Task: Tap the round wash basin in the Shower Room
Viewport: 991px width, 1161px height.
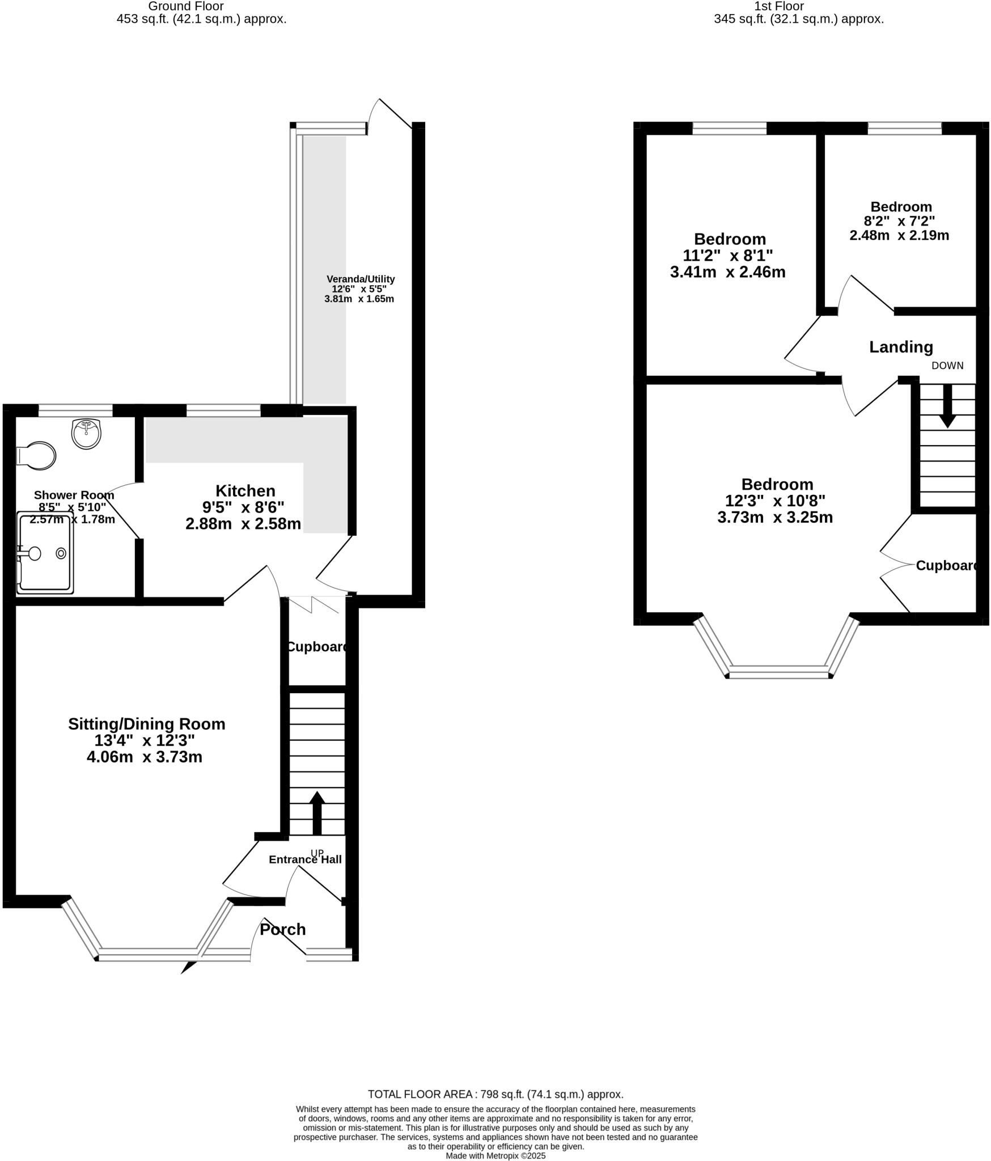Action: (86, 434)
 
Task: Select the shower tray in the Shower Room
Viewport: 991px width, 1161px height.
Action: (45, 553)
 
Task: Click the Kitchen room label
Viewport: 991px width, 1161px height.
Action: (245, 491)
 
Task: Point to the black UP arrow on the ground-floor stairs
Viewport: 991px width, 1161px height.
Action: (317, 812)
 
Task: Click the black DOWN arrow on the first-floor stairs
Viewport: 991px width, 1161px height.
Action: (947, 406)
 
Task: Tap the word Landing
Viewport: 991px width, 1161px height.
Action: (901, 347)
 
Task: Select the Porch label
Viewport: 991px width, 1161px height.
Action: (282, 930)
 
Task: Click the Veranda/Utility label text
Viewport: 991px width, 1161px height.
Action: (361, 279)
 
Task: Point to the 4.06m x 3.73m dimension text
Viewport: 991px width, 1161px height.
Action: (144, 757)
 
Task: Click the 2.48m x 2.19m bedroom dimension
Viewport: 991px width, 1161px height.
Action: (899, 235)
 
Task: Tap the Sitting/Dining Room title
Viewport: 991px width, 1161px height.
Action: (146, 724)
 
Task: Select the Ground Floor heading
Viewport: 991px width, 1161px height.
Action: (185, 6)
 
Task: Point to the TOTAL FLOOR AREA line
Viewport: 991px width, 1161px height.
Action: (496, 1094)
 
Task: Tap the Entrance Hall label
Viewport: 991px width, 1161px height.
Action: (305, 859)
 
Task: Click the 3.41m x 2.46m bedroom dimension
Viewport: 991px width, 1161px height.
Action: (727, 272)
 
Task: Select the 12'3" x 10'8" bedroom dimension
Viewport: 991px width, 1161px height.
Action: (775, 501)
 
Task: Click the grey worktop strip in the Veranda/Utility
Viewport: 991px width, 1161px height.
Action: (324, 269)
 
